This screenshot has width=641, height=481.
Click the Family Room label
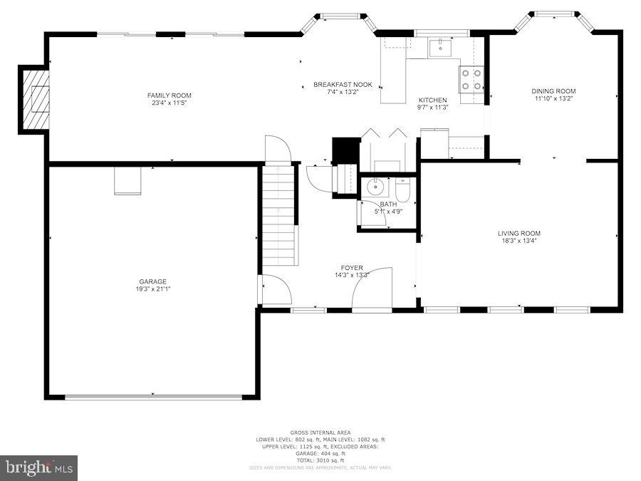click(170, 95)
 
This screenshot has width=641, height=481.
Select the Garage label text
click(153, 281)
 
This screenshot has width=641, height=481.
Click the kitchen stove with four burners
click(471, 79)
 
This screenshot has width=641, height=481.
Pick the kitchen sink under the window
click(440, 47)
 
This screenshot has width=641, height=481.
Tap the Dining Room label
click(553, 91)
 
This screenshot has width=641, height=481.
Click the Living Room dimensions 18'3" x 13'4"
click(518, 241)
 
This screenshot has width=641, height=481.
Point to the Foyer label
click(352, 268)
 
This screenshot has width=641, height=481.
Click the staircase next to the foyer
click(278, 214)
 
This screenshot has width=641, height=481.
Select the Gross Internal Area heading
click(320, 433)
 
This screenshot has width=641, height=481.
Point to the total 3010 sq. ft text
click(320, 460)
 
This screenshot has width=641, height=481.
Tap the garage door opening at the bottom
click(153, 396)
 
